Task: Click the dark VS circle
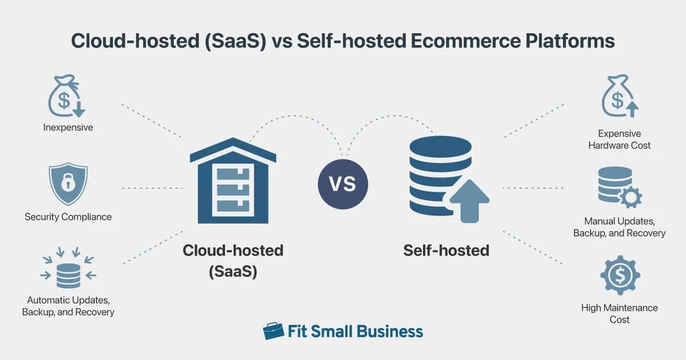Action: pyautogui.click(x=343, y=184)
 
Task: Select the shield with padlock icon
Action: pyautogui.click(x=68, y=184)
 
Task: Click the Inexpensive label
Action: pyautogui.click(x=68, y=127)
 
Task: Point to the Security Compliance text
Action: pyautogui.click(x=68, y=217)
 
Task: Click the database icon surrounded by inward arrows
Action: pyautogui.click(x=68, y=270)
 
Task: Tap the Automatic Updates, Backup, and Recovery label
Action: pyautogui.click(x=68, y=306)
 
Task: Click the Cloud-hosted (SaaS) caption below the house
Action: pyautogui.click(x=233, y=261)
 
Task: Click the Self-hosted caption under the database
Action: pyautogui.click(x=446, y=250)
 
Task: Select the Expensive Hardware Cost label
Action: pyautogui.click(x=619, y=139)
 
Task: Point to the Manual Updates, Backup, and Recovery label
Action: pyautogui.click(x=619, y=227)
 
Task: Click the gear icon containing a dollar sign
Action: pyautogui.click(x=619, y=276)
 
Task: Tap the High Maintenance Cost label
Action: pyautogui.click(x=619, y=313)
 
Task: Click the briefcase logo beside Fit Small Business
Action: pyautogui.click(x=273, y=331)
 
